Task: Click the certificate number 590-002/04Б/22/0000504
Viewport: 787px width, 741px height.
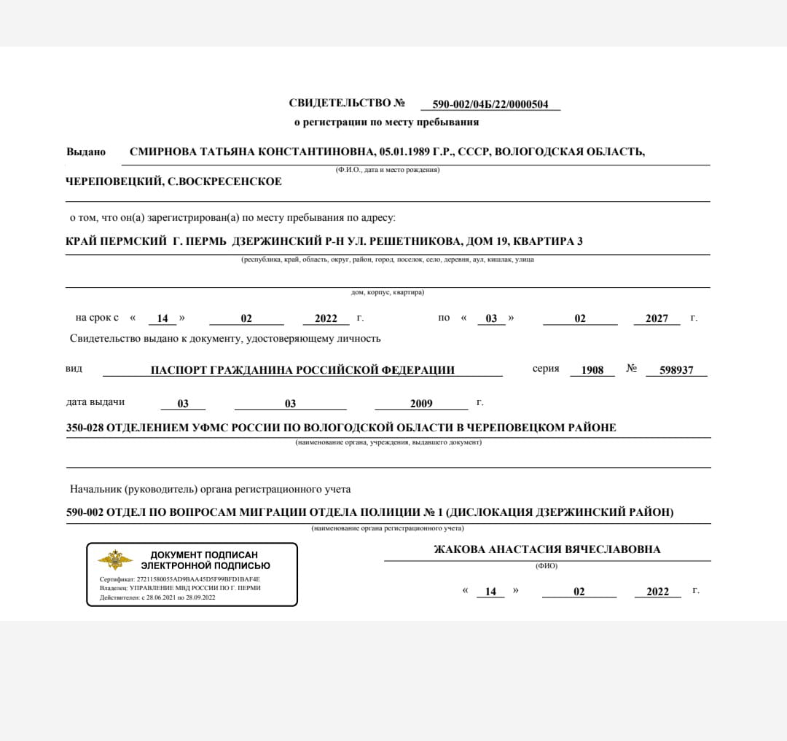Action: pos(490,104)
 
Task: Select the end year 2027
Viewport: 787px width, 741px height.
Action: pos(657,318)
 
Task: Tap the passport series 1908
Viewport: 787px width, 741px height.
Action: pos(592,370)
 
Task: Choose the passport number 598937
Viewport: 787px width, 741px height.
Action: pos(676,370)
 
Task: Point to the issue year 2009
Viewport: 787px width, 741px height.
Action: pos(421,404)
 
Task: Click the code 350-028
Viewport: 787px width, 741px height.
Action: pos(85,428)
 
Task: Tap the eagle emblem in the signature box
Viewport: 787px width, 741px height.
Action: pos(115,560)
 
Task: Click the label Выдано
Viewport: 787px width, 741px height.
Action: pos(86,152)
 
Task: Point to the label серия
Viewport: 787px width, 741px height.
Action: pos(546,369)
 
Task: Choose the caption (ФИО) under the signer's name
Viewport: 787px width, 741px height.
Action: pos(547,565)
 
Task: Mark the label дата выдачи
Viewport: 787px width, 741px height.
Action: pos(95,402)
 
